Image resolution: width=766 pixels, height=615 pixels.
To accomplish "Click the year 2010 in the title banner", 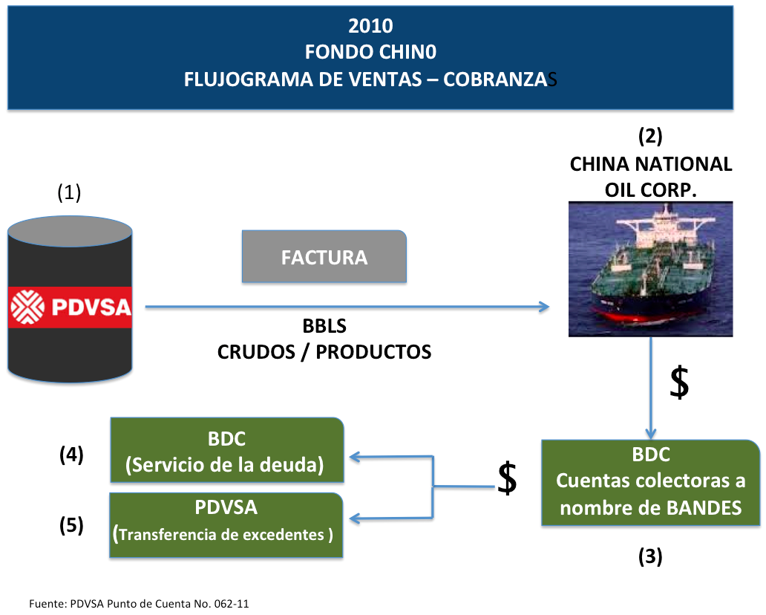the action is tap(370, 26).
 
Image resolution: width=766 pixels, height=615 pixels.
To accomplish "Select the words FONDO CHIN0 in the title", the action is tap(370, 52).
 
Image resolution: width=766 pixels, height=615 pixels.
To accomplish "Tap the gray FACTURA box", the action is tap(324, 257).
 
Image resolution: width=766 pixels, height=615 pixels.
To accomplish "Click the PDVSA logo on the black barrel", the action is tap(71, 307).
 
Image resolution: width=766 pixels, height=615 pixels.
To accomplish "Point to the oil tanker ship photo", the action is tap(650, 269).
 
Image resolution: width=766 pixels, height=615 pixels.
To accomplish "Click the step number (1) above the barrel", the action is tap(69, 192).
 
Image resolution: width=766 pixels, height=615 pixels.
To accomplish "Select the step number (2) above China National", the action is tap(650, 136).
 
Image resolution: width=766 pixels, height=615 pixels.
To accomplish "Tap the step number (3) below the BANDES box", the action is tap(650, 556).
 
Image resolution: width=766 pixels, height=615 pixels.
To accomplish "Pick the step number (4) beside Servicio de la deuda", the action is tap(71, 454).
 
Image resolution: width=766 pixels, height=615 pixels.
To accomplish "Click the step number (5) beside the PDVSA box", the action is tap(71, 525).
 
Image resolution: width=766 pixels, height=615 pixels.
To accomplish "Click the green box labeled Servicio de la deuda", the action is tap(227, 450).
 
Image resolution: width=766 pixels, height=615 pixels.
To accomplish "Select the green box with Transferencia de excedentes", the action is tap(226, 525).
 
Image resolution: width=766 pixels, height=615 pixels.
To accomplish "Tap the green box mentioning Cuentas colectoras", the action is tap(651, 483).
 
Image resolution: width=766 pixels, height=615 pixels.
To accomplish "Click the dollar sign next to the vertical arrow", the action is tap(679, 383).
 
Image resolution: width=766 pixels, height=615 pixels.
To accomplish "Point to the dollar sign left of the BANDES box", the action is tap(507, 478).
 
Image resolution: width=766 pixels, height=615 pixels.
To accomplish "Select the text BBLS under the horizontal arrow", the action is tap(324, 326).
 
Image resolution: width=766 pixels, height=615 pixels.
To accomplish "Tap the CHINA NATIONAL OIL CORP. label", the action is tap(651, 177).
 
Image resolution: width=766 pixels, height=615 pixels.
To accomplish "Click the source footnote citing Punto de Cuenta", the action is tap(139, 604).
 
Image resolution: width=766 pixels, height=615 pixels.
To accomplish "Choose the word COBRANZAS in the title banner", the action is tap(500, 79).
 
